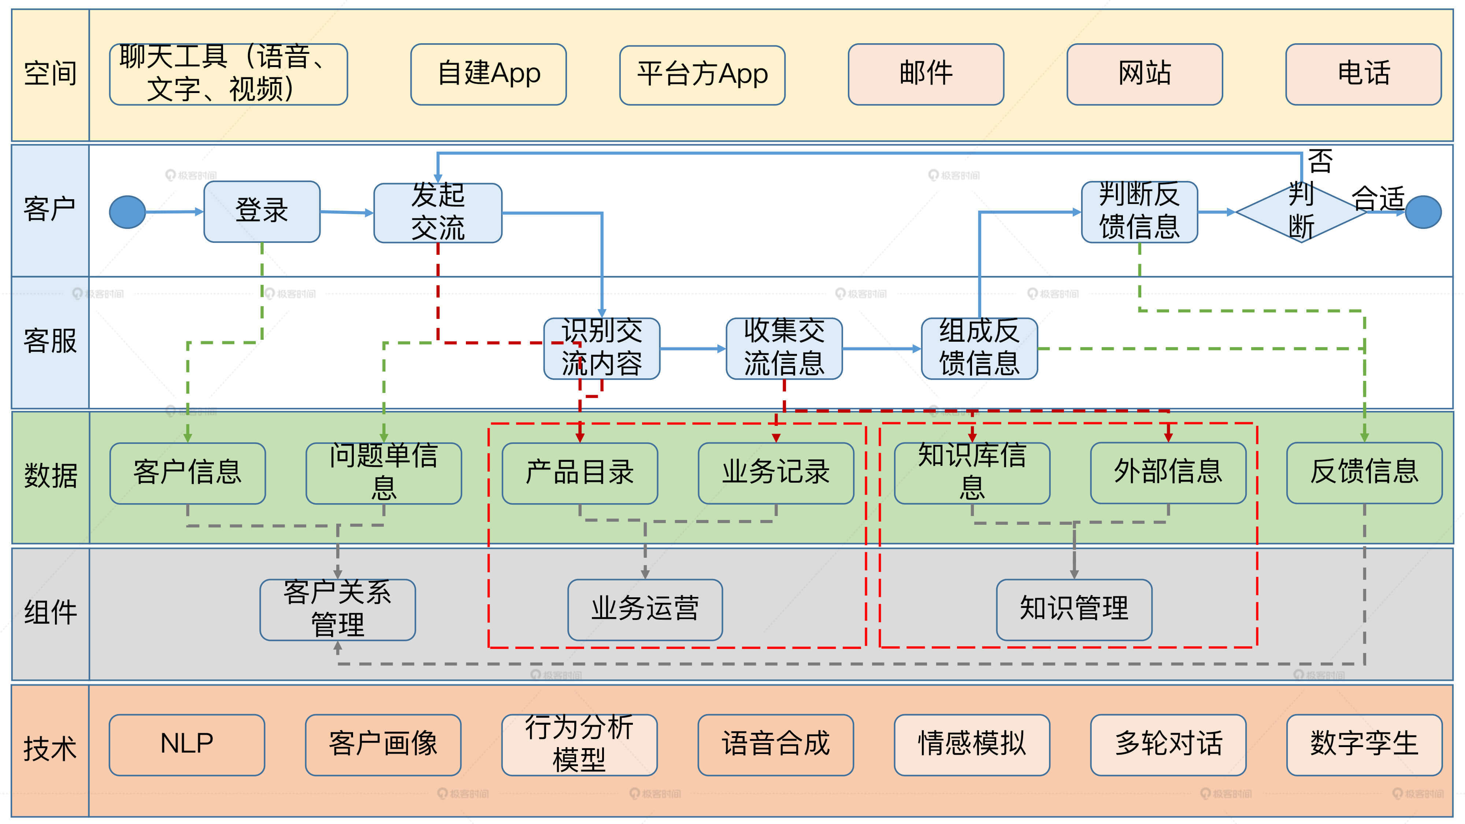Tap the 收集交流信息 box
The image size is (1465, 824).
pyautogui.click(x=784, y=348)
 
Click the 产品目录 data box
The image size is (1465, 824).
pyautogui.click(x=579, y=472)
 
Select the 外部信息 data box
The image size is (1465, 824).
pyautogui.click(x=1168, y=472)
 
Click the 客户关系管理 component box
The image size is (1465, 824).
pyautogui.click(x=337, y=609)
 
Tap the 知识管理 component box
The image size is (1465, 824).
pyautogui.click(x=1074, y=609)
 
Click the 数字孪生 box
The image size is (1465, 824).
pyautogui.click(x=1364, y=745)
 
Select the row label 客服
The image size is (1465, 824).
pyautogui.click(x=50, y=342)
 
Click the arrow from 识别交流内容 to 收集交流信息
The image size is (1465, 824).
pyautogui.click(x=692, y=349)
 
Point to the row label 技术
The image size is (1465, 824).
pyautogui.click(x=50, y=749)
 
